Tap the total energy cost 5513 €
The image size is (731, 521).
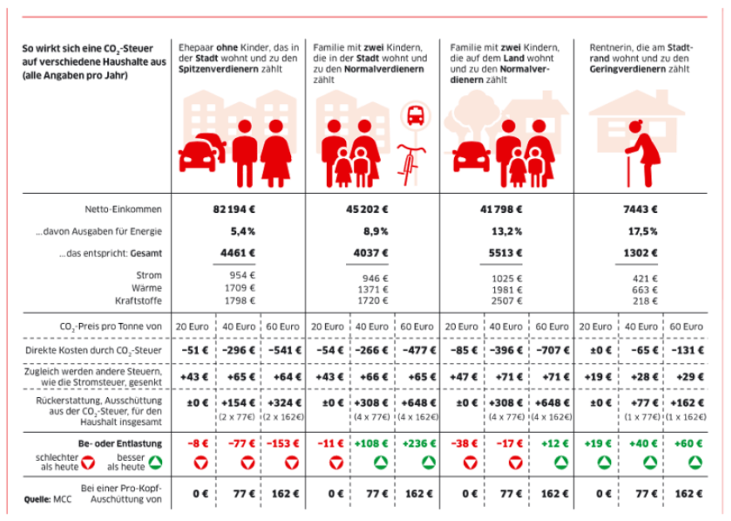click(505, 252)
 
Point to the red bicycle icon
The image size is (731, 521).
click(408, 163)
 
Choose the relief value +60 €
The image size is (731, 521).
click(686, 443)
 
